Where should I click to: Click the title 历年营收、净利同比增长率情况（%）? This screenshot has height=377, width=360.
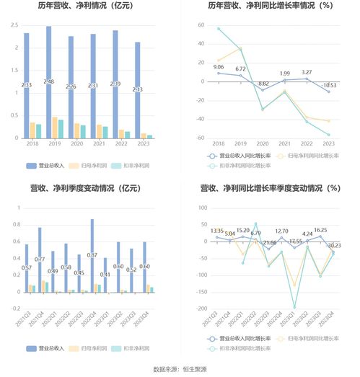pyautogui.click(x=270, y=6)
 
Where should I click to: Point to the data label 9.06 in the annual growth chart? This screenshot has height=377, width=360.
pyautogui.click(x=219, y=67)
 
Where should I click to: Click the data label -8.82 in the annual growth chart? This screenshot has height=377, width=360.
pyautogui.click(x=263, y=84)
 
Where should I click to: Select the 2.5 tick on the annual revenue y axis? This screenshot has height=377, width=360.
pyautogui.click(x=14, y=25)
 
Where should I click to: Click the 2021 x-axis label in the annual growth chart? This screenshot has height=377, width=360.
pyautogui.click(x=285, y=144)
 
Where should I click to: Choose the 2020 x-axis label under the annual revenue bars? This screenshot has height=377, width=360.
pyautogui.click(x=71, y=144)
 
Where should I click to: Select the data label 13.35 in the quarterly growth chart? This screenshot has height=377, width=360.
pyautogui.click(x=217, y=231)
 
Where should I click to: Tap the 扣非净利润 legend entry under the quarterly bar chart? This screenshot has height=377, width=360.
pyautogui.click(x=133, y=347)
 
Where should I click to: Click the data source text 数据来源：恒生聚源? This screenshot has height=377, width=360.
pyautogui.click(x=180, y=369)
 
